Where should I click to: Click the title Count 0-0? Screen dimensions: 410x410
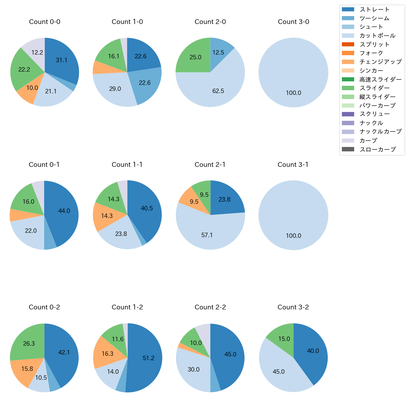pyautogui.click(x=44, y=22)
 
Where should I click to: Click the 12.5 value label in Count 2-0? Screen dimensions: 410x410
pyautogui.click(x=218, y=52)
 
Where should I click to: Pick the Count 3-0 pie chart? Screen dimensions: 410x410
pyautogui.click(x=293, y=73)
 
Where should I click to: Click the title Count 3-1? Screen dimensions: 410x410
pyautogui.click(x=293, y=165)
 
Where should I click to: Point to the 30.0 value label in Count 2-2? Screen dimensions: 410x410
pyautogui.click(x=194, y=369)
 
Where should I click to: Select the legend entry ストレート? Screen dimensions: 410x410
pyautogui.click(x=374, y=9)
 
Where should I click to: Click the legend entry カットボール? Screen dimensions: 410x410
pyautogui.click(x=377, y=36)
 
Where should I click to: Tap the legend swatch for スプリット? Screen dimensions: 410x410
pyautogui.click(x=348, y=44)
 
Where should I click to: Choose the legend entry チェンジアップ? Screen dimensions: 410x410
pyautogui.click(x=380, y=62)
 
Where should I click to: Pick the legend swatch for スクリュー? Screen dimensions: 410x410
pyautogui.click(x=348, y=114)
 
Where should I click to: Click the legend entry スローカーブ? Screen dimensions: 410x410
pyautogui.click(x=378, y=149)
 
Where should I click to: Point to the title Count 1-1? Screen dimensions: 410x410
pyautogui.click(x=127, y=165)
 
